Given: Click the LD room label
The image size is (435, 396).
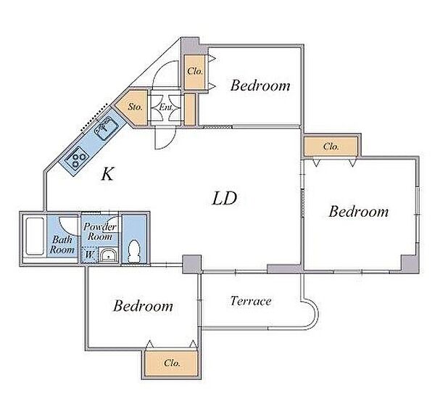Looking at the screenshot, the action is tap(224, 199).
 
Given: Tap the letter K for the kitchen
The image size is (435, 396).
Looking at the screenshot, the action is tap(107, 174).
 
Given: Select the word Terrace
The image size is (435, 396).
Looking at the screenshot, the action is tap(251, 301).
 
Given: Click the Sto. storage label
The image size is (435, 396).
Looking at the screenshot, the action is tap(136, 107).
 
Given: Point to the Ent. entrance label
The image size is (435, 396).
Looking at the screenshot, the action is tap(166, 107).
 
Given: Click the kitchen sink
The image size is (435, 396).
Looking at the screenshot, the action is tap(107, 128).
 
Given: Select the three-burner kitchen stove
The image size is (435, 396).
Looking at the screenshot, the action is tap(77, 158).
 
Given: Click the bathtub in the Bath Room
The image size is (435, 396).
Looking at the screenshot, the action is tap(35, 236).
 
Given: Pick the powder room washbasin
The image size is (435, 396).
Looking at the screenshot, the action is tap(109, 255).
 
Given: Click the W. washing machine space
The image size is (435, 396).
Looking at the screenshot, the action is tap(89, 255).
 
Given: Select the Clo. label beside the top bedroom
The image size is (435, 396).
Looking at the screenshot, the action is tap(195, 71).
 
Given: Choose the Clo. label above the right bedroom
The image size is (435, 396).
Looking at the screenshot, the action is tap(331, 147).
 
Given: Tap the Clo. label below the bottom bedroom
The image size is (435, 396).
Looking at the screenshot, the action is tap(172, 363).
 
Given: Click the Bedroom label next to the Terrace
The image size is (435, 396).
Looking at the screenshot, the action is tap(143, 306).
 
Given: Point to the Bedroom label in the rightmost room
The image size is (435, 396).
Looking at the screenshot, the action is tap(359, 212).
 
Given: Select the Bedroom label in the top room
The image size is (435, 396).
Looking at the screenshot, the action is tap(260, 85).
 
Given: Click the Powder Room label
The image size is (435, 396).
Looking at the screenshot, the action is tap(100, 231).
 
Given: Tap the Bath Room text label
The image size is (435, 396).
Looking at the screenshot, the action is tap(62, 244).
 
